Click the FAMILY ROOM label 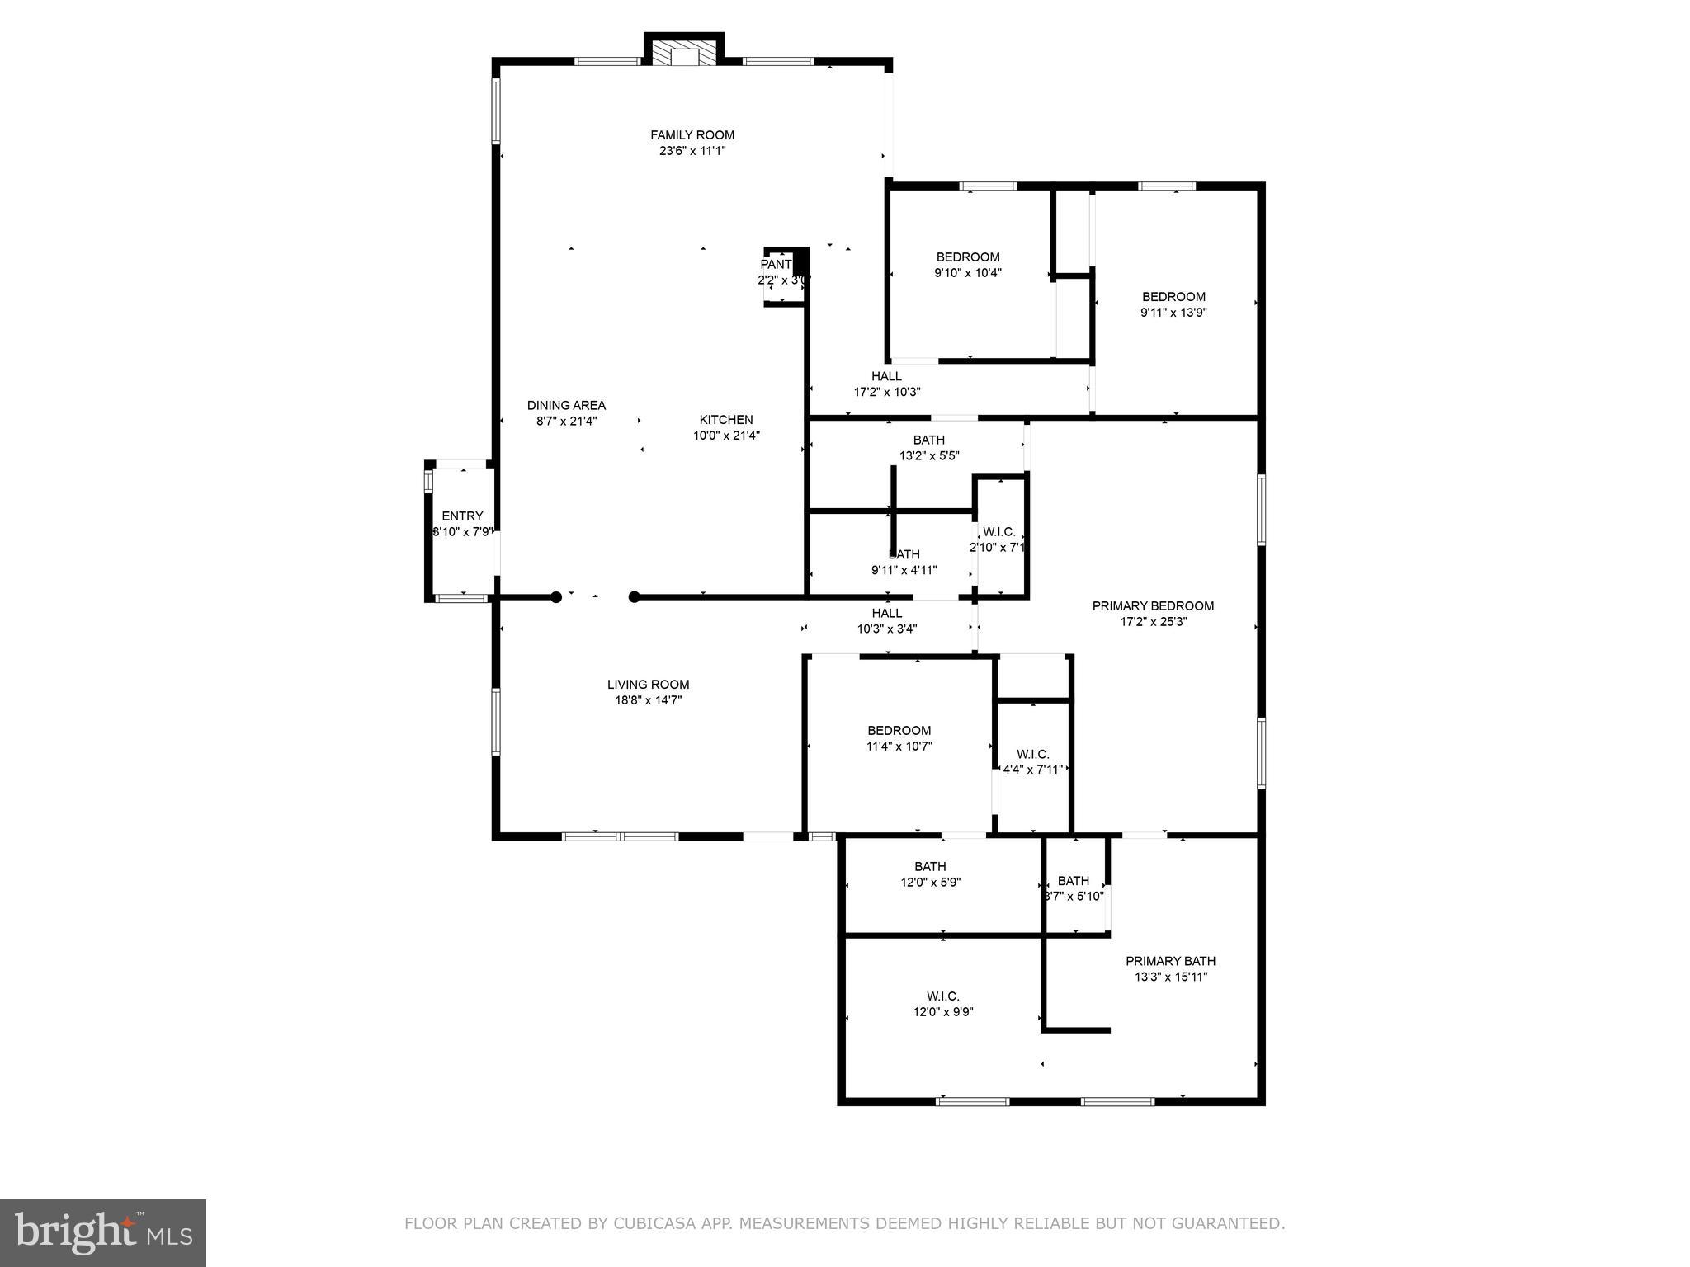tap(692, 135)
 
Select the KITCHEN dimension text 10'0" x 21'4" tap(725, 436)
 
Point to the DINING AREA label tap(566, 405)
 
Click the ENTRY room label tap(462, 516)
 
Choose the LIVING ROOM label tap(648, 685)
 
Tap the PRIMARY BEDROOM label tap(1153, 606)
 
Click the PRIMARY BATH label tap(1170, 961)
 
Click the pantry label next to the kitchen tap(777, 265)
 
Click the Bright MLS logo tap(103, 1232)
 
